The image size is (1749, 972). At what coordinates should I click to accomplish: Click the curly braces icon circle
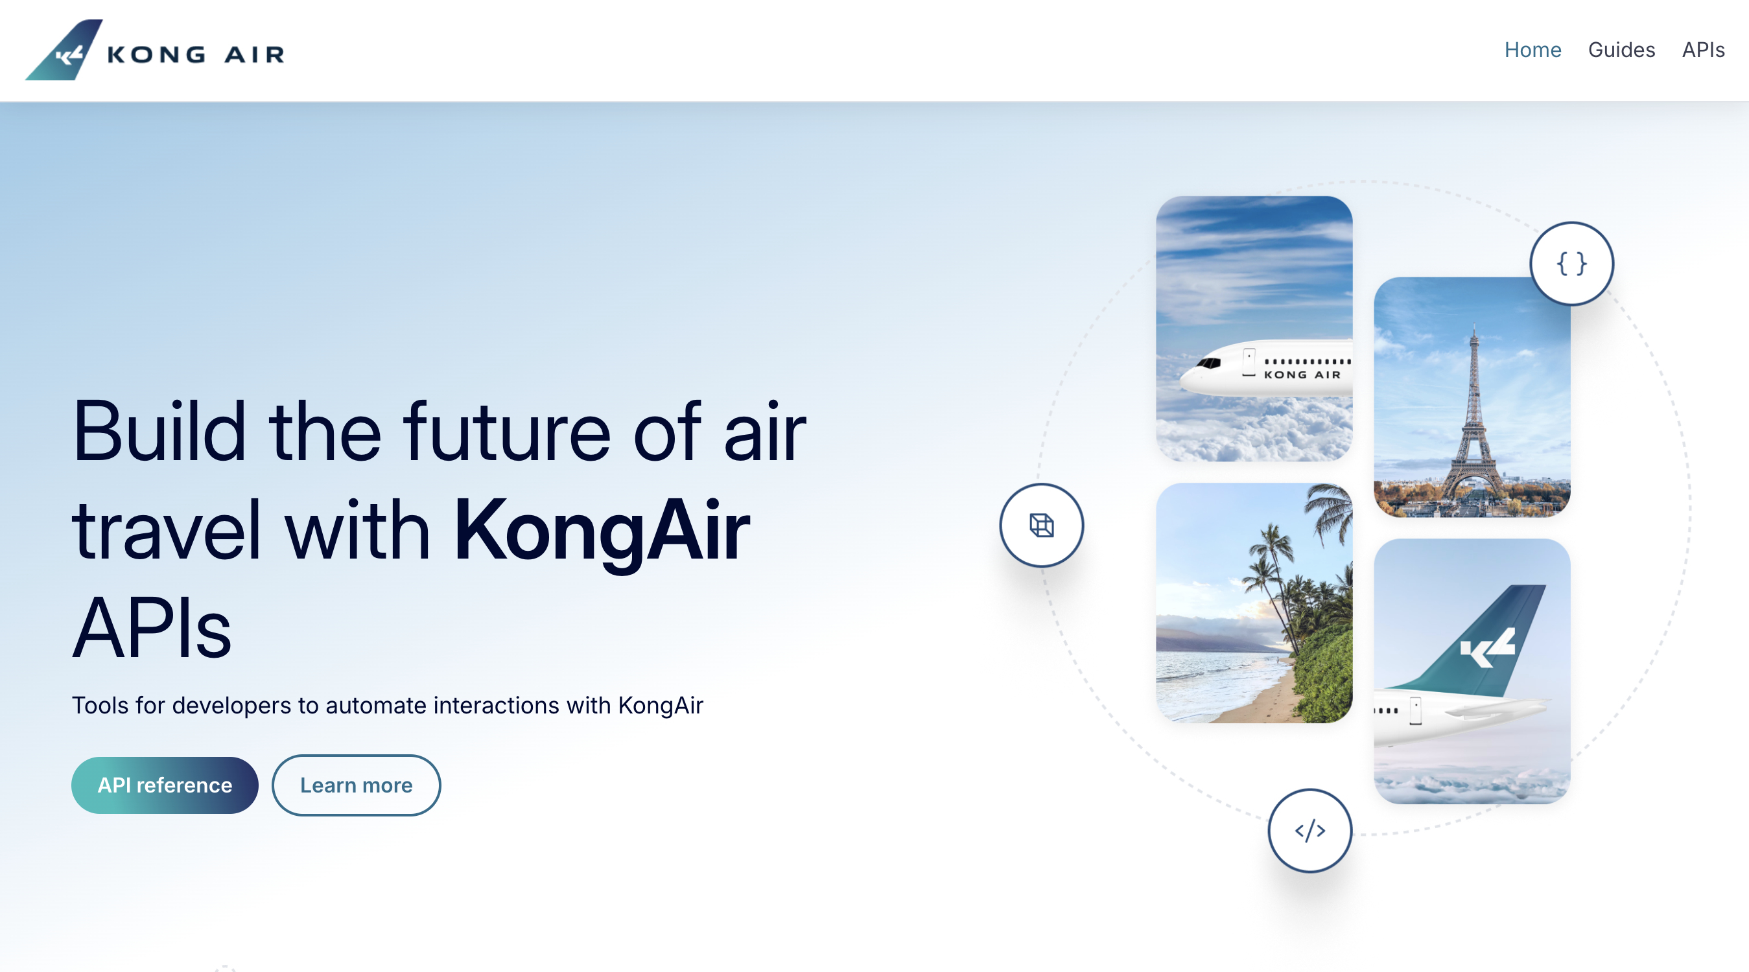pos(1571,263)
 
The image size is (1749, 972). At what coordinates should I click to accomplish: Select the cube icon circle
pos(1041,526)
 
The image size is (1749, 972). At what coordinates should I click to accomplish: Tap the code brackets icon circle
pos(1309,830)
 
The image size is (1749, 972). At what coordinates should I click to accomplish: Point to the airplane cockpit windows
pos(1208,363)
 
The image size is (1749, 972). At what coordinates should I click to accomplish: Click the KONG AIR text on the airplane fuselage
pos(1302,375)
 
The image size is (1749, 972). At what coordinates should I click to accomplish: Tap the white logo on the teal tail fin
pos(1488,648)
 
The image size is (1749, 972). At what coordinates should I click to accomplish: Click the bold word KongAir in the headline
pos(601,531)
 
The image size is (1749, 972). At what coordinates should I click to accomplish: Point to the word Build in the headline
pos(159,432)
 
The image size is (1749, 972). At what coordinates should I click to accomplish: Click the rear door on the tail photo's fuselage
pos(1416,712)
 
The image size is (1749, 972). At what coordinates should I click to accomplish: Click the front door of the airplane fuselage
pos(1249,362)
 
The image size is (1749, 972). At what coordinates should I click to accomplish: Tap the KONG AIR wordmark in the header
pos(196,54)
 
